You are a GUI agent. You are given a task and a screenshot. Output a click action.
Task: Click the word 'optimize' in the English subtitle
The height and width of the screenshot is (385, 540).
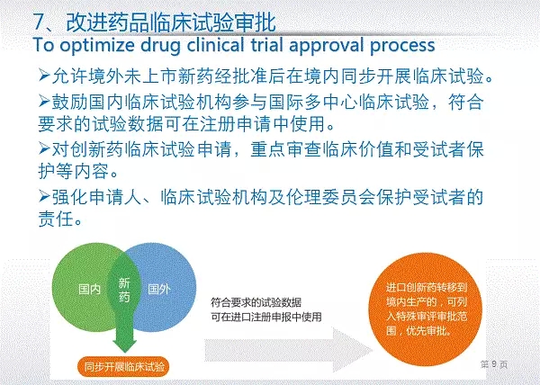pyautogui.click(x=97, y=46)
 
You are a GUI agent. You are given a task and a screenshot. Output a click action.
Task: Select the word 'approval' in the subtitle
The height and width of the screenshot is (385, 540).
pyautogui.click(x=326, y=46)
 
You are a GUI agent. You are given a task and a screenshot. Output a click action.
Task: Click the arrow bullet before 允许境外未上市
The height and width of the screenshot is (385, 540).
pyautogui.click(x=44, y=75)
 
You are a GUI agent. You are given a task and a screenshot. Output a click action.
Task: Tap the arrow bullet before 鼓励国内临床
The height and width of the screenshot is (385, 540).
pyautogui.click(x=44, y=101)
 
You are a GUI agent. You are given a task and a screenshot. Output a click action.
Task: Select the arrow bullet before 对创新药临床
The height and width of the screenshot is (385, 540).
pyautogui.click(x=44, y=148)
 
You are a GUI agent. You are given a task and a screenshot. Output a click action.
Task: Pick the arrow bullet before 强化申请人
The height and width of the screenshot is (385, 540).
pyautogui.click(x=44, y=196)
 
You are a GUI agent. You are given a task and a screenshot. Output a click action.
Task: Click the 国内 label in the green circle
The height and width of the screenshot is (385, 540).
pyautogui.click(x=89, y=289)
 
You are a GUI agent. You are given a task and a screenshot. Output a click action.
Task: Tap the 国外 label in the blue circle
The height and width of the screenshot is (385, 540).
pyautogui.click(x=159, y=289)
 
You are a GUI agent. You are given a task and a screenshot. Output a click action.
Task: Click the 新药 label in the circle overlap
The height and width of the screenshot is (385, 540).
pyautogui.click(x=124, y=290)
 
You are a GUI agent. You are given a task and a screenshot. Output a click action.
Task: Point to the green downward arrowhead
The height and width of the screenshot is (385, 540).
pyautogui.click(x=125, y=345)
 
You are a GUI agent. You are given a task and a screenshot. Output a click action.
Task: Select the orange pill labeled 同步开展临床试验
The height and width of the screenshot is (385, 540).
pyautogui.click(x=124, y=366)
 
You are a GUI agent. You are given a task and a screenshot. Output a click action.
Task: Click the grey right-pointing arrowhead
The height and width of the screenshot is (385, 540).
pyautogui.click(x=352, y=350)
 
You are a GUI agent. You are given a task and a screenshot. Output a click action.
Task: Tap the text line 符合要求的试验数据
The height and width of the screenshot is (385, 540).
pyautogui.click(x=256, y=303)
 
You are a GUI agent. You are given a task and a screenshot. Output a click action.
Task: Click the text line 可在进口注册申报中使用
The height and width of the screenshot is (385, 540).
pyautogui.click(x=266, y=317)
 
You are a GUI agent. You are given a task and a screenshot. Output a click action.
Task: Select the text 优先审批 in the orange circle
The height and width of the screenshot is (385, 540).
pyautogui.click(x=427, y=331)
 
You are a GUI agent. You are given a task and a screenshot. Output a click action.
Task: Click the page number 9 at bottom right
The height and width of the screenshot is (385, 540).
pyautogui.click(x=494, y=364)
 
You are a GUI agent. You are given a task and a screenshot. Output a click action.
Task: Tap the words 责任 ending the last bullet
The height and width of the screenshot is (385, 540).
pyautogui.click(x=56, y=219)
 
